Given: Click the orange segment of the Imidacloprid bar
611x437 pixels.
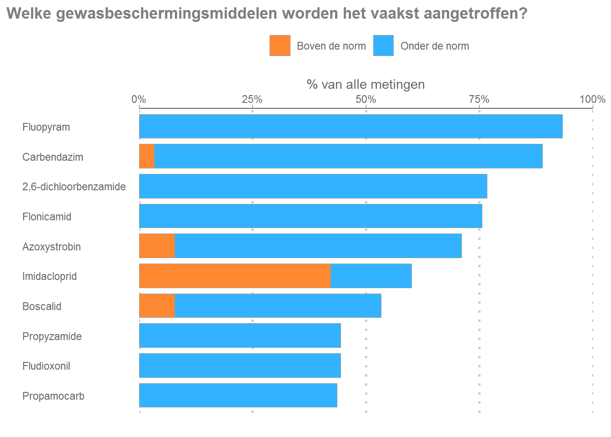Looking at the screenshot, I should [235, 276].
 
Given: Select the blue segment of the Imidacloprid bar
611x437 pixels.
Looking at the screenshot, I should [371, 276].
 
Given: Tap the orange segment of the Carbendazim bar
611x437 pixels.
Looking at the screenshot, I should [147, 156].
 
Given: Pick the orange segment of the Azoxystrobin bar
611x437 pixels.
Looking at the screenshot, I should [157, 246].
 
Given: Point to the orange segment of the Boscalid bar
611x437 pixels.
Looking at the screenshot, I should [157, 305].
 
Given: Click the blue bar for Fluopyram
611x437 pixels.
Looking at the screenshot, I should [351, 127].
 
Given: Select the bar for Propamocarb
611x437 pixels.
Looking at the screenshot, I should [238, 395].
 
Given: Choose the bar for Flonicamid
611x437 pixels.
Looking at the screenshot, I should [311, 216].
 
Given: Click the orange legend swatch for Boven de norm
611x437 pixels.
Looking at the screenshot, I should [280, 46].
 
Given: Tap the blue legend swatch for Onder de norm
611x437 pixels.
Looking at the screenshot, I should [383, 46].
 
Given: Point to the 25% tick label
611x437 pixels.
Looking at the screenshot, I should [252, 99].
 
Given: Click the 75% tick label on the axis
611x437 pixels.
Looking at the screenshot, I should [479, 99].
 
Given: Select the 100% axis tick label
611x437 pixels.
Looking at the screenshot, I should [592, 99].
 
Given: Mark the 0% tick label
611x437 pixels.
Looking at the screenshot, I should [139, 99].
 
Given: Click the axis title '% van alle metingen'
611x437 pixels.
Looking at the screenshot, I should [366, 84].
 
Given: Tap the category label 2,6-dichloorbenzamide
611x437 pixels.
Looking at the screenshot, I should [74, 187].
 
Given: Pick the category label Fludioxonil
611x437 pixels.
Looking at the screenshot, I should [46, 366].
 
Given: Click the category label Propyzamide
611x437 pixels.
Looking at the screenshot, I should [52, 336].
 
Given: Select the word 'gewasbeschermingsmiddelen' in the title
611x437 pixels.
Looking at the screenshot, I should [167, 14].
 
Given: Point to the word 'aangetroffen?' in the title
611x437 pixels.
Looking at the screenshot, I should [476, 14].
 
